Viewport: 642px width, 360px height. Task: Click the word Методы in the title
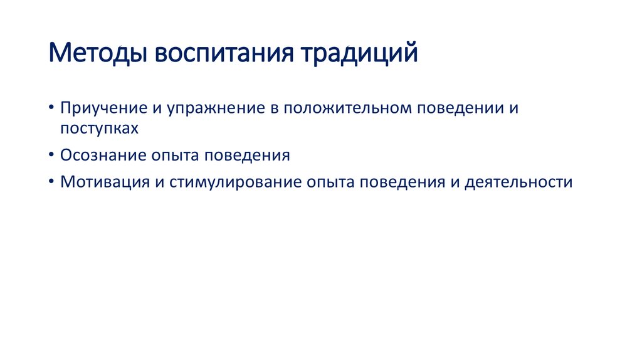[x=97, y=53]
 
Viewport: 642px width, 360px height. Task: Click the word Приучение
[x=103, y=108]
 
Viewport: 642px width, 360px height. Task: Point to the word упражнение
[x=214, y=108]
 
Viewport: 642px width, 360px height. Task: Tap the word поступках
[x=98, y=129]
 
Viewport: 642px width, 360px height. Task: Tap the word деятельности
[x=518, y=183]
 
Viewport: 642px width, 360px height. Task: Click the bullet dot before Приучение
[x=51, y=109]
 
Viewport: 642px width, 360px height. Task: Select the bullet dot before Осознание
[x=51, y=156]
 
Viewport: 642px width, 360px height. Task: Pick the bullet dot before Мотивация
[x=51, y=183]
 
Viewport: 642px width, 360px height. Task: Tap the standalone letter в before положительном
[x=275, y=109]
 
